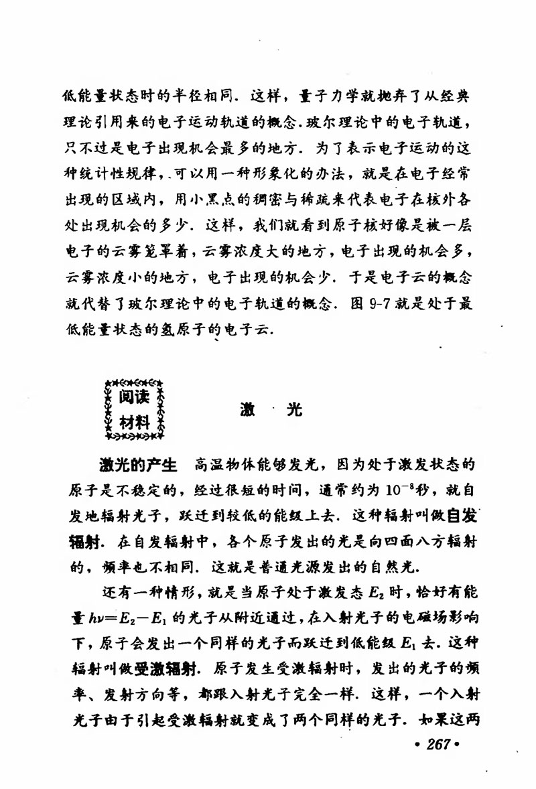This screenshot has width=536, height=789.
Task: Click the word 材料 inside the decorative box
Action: tap(135, 423)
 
